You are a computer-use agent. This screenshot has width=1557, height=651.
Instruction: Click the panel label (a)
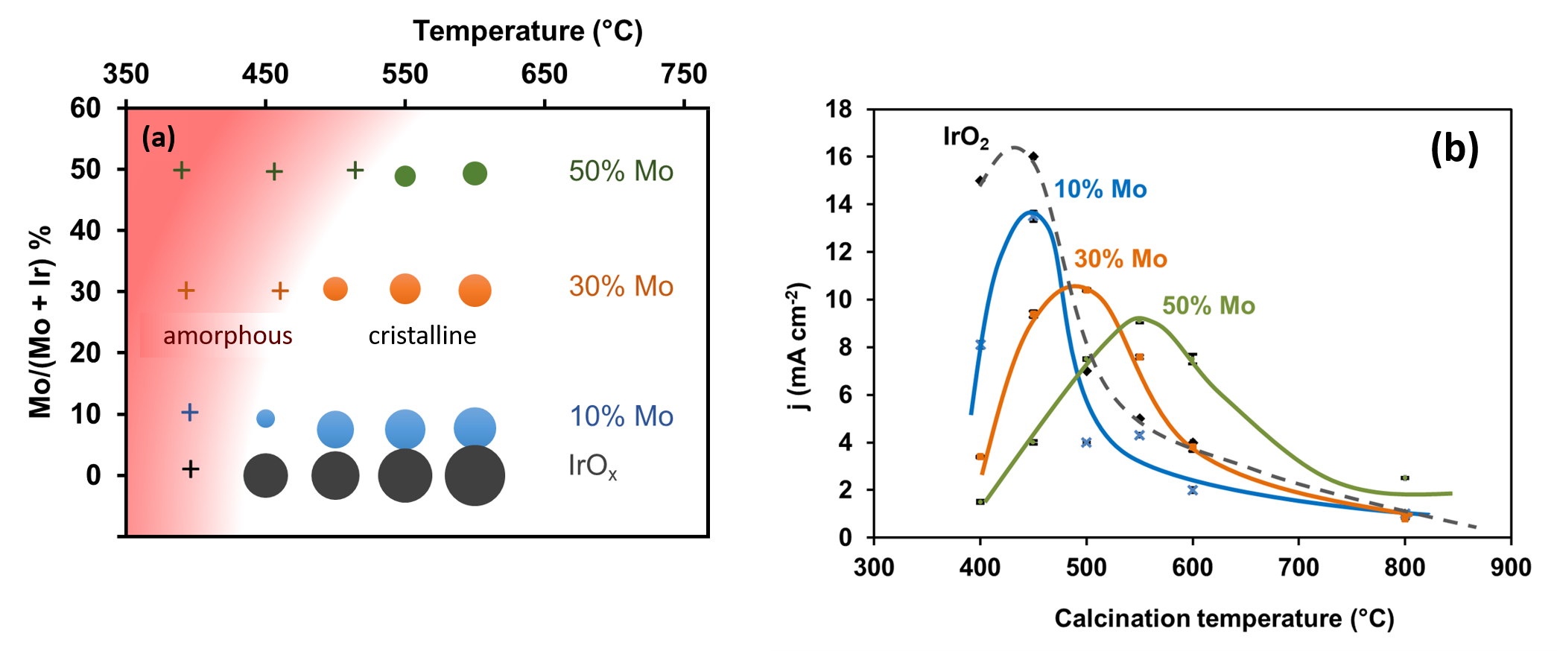159,138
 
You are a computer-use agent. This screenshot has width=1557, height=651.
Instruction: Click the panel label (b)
1454,148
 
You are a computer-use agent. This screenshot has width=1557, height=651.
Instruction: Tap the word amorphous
227,336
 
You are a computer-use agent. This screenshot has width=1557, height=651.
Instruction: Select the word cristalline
422,336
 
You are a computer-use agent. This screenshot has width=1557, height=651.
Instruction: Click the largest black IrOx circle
475,475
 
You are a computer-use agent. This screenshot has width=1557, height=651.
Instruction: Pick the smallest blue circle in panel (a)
265,418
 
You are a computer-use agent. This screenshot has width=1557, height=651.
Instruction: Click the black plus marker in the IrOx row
191,469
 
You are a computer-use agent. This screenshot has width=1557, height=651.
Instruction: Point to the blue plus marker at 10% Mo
190,412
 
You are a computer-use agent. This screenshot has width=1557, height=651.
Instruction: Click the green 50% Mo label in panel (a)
621,171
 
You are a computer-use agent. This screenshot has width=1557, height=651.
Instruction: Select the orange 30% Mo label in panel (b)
1120,258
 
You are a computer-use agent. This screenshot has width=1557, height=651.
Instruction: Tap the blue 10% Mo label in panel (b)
1100,189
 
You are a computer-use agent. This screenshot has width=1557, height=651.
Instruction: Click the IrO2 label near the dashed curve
965,137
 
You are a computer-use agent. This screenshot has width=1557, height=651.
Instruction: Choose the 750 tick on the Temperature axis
683,74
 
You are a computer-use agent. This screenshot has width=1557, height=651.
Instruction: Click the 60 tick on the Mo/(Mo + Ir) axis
86,108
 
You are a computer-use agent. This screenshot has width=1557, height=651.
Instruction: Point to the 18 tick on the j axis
839,109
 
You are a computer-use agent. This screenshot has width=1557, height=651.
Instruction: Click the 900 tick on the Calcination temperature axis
1510,568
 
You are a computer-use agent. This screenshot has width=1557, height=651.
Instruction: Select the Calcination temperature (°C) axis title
1223,618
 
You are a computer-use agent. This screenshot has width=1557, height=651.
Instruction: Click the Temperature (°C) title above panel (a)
527,31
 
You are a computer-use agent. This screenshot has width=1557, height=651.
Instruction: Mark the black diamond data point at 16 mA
1033,156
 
